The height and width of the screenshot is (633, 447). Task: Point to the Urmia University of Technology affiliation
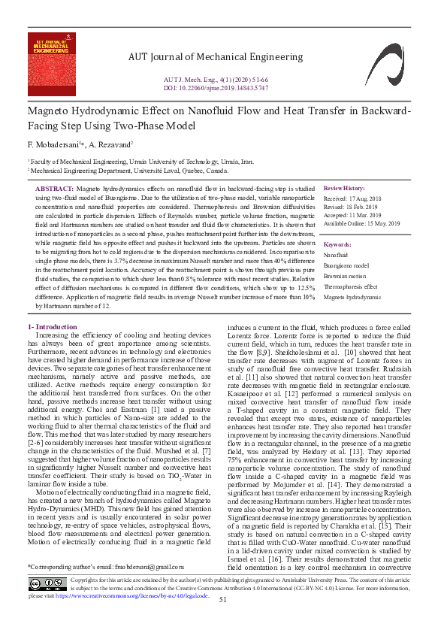point(141,162)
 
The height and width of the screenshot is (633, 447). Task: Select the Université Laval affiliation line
point(129,171)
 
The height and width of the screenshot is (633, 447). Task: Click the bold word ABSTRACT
point(55,187)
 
